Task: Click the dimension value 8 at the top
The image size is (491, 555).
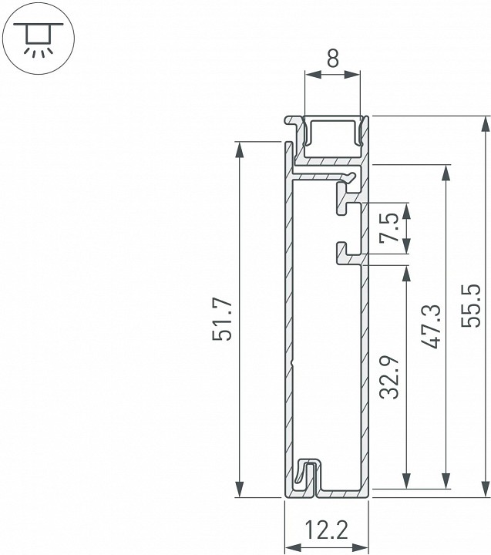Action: pyautogui.click(x=332, y=58)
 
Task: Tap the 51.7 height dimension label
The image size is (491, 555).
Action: pyautogui.click(x=223, y=319)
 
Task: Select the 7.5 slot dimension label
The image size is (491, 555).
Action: pyautogui.click(x=390, y=229)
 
